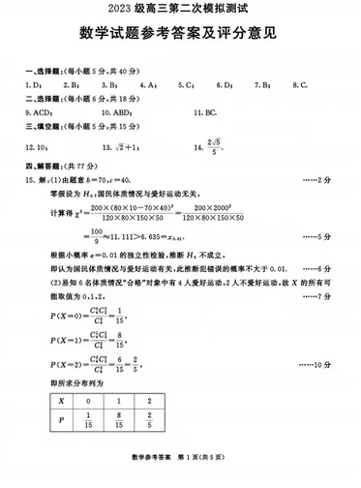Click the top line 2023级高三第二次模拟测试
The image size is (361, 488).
click(x=180, y=11)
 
